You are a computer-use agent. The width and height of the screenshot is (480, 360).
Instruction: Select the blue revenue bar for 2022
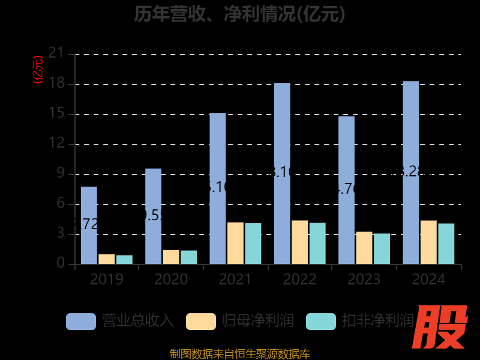point(282,173)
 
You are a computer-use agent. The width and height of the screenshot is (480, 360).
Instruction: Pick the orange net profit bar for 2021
point(235,243)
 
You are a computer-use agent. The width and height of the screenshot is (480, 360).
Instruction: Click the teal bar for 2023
point(382,249)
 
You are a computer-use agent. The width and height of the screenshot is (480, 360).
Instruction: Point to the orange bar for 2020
point(171,257)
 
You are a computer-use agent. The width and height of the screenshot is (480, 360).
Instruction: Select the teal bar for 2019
point(124,259)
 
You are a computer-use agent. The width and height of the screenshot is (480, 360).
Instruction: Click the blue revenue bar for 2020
point(153,216)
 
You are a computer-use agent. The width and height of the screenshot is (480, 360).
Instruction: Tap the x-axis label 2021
point(235,279)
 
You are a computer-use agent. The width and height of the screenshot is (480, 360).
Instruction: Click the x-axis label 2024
point(428,279)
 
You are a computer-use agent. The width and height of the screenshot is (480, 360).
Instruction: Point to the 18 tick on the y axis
point(56,84)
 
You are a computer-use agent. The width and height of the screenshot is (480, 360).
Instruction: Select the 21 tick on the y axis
point(56,54)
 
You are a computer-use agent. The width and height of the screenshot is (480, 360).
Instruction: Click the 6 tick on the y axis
point(60,204)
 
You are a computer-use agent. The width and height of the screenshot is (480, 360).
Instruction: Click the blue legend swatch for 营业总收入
point(80,321)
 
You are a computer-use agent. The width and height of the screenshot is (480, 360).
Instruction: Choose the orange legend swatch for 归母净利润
point(201,321)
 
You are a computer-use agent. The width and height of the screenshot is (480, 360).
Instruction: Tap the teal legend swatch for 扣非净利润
point(321,321)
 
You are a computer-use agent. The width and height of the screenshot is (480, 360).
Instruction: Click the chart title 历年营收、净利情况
point(239,13)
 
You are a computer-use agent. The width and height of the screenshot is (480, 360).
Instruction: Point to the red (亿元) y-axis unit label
point(38,69)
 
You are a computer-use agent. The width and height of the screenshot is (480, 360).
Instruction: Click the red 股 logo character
point(442,327)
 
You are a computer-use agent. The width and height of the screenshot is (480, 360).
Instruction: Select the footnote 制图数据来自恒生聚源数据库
point(239,354)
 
